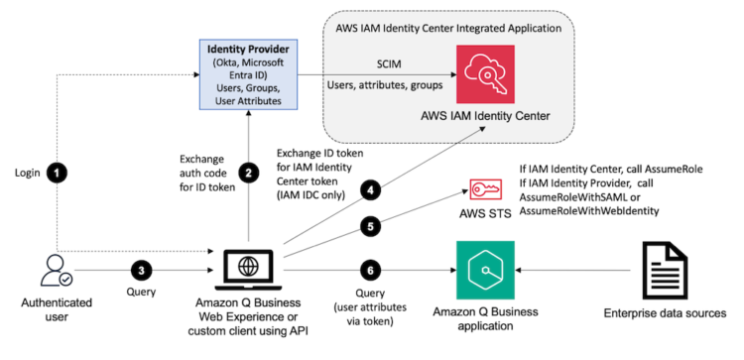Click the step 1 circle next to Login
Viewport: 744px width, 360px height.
(x=59, y=173)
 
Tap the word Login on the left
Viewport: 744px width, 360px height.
(x=27, y=173)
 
